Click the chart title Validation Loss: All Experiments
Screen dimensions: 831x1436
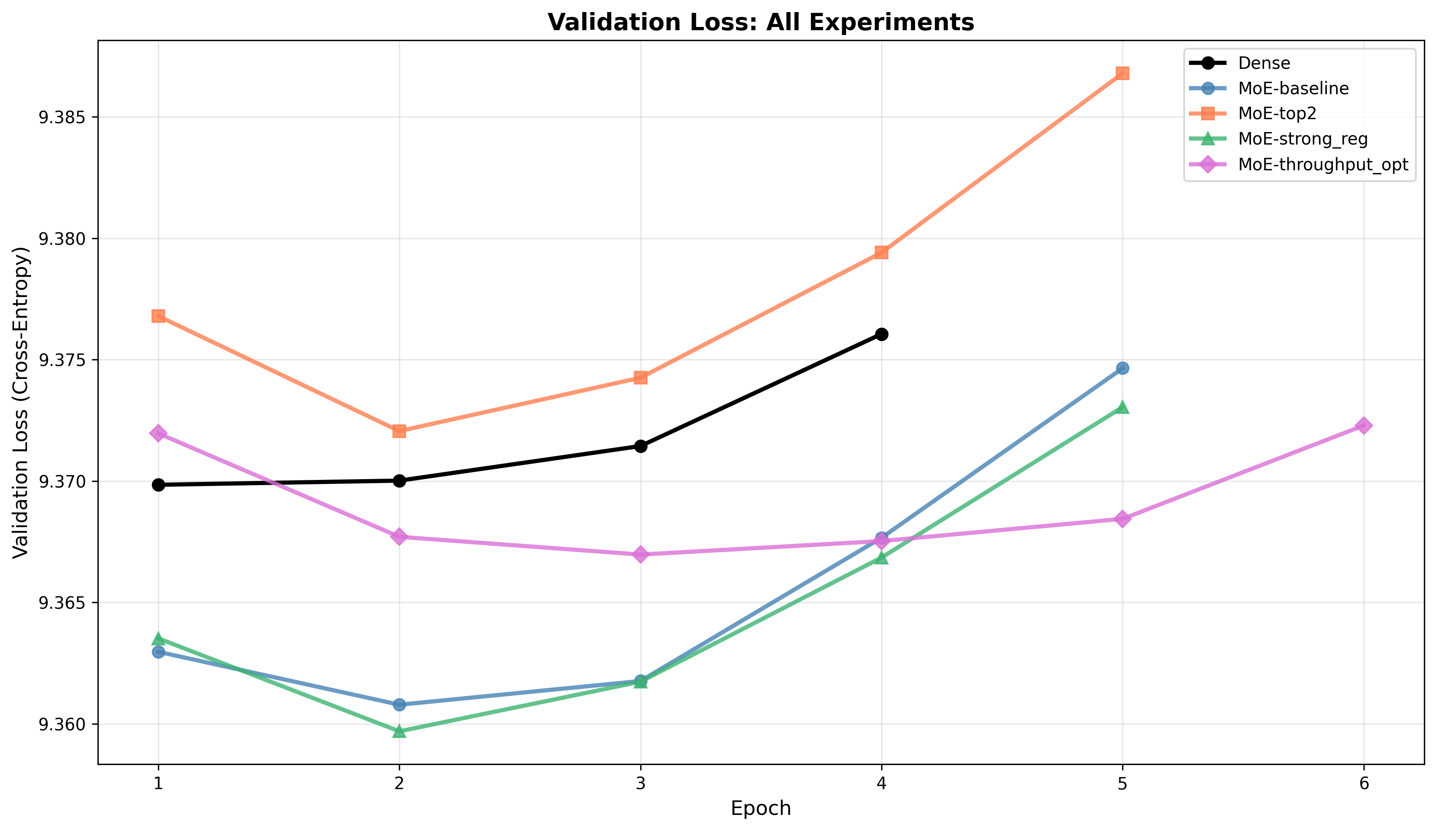coord(760,23)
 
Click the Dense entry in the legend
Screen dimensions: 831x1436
coord(1264,63)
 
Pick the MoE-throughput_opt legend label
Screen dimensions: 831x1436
coord(1323,165)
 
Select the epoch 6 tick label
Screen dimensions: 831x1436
coord(1363,784)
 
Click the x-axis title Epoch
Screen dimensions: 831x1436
coord(760,809)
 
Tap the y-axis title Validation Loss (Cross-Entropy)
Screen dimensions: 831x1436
coord(21,403)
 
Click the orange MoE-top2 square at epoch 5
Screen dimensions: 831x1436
coord(1123,73)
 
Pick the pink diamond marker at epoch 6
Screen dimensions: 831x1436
coord(1363,426)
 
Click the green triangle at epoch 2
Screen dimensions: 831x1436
coord(399,731)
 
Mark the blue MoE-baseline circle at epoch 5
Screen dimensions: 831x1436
coord(1123,368)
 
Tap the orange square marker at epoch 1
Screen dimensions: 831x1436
coord(158,316)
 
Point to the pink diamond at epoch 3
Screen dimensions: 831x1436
coord(641,554)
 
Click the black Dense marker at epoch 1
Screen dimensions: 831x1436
coord(158,485)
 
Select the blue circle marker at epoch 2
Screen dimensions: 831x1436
coord(399,705)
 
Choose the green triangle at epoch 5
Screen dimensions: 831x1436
coord(1123,407)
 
